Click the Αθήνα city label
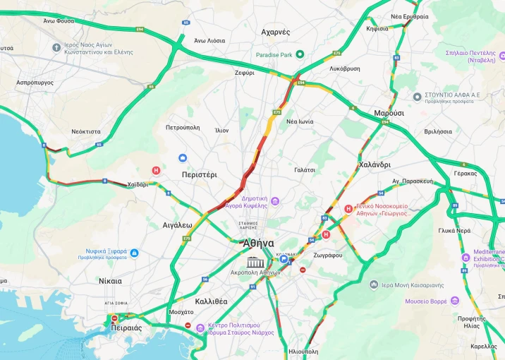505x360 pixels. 257,243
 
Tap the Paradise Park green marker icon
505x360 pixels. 299,54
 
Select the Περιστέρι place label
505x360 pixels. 199,174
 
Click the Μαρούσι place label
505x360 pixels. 389,113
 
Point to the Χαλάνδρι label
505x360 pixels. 375,164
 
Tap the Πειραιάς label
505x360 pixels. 126,328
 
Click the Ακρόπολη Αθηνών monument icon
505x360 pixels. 255,263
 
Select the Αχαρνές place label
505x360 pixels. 275,32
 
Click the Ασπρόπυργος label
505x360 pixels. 35,83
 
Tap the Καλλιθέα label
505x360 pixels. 211,301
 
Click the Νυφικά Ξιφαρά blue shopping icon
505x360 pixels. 134,253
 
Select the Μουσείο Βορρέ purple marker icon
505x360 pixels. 454,301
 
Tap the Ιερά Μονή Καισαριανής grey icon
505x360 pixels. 374,284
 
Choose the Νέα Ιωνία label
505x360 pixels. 300,121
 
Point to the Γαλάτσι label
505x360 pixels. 305,170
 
